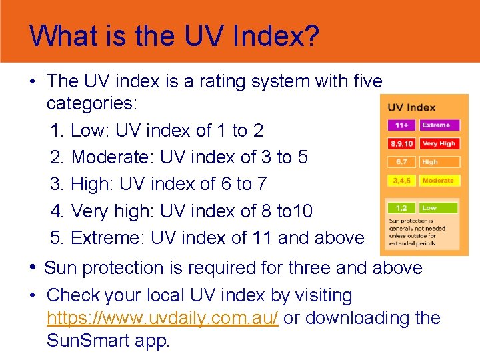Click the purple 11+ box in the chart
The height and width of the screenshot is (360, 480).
(401, 125)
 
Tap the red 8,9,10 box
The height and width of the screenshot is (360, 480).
(401, 143)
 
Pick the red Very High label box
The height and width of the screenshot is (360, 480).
(439, 143)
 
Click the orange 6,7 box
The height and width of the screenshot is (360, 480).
(401, 162)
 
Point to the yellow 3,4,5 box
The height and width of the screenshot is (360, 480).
(401, 181)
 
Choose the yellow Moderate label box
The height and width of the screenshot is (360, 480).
(439, 181)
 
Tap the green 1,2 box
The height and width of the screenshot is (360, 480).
(401, 208)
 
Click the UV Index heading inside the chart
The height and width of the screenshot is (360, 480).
(411, 107)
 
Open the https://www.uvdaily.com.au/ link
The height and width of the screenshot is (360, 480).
(162, 318)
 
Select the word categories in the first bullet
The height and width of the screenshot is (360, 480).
(91, 104)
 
